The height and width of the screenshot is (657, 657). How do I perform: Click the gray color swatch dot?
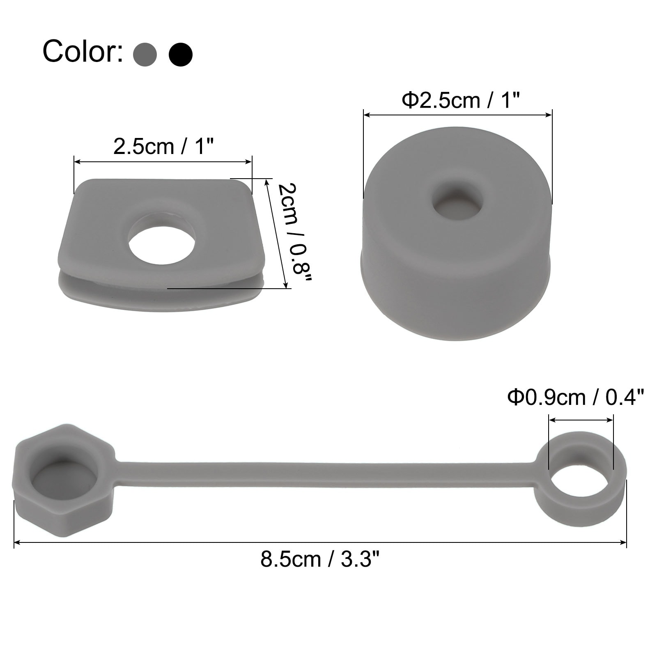[x=145, y=54]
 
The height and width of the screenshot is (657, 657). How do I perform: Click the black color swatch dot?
[x=181, y=54]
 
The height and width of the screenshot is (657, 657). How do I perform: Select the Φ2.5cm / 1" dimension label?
[x=461, y=101]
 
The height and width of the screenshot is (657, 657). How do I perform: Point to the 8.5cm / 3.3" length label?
[x=320, y=559]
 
